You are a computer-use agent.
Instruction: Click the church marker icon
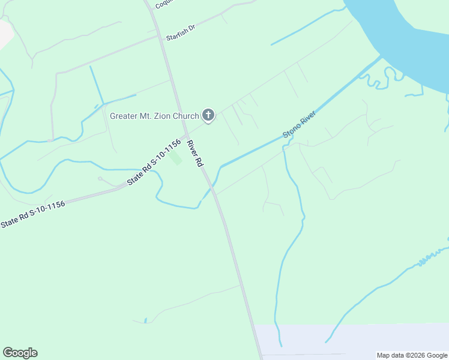pyautogui.click(x=208, y=115)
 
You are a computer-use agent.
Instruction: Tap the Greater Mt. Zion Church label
pyautogui.click(x=154, y=115)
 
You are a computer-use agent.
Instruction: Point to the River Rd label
pyautogui.click(x=196, y=154)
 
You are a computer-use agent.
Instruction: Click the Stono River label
pyautogui.click(x=299, y=127)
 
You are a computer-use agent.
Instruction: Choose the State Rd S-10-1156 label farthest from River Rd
pyautogui.click(x=32, y=214)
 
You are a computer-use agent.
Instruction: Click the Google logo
pyautogui.click(x=20, y=353)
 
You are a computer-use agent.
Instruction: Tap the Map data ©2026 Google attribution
pyautogui.click(x=412, y=355)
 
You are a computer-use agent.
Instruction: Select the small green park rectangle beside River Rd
pyautogui.click(x=176, y=159)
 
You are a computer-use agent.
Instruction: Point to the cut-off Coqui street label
pyautogui.click(x=163, y=4)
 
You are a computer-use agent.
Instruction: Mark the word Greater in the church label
pyautogui.click(x=123, y=115)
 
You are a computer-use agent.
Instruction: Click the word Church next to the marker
pyautogui.click(x=186, y=115)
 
